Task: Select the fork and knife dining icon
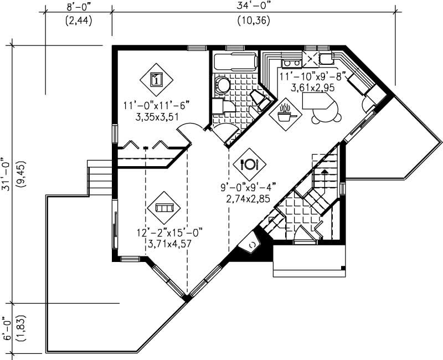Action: pyautogui.click(x=249, y=164)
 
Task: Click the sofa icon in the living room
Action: pyautogui.click(x=164, y=208)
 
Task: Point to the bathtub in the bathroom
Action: pyautogui.click(x=235, y=63)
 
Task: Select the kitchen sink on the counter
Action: pyautogui.click(x=324, y=58)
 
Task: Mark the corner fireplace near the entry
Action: pyautogui.click(x=253, y=244)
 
